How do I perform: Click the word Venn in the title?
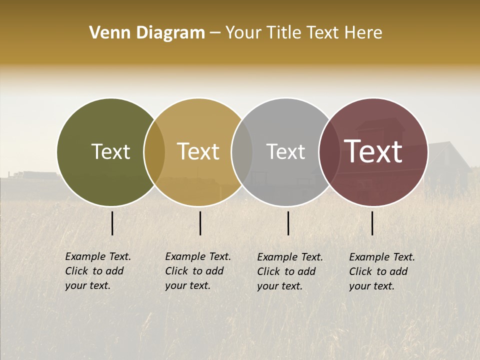pos(103,33)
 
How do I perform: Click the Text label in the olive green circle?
pos(110,152)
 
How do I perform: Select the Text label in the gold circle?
pos(198,152)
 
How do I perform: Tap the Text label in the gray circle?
pos(285,152)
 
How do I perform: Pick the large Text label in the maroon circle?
pos(373,152)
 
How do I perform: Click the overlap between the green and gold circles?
pos(154,152)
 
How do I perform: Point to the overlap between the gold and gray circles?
pos(242,152)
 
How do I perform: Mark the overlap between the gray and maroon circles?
pos(329,152)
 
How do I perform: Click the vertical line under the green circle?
pos(112,223)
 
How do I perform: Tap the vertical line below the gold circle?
pos(200,223)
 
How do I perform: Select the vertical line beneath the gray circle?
pos(288,223)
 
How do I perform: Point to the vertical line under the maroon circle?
pos(372,223)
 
